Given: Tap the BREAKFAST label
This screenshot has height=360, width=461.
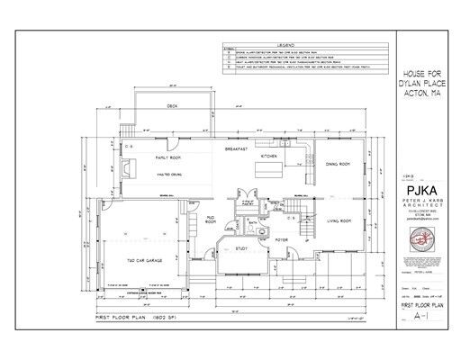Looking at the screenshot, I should point(237,148).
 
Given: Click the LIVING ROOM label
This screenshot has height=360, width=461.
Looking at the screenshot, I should point(339,220).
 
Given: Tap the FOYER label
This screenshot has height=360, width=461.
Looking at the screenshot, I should point(281,240).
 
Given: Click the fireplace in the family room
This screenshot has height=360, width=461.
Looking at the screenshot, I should point(129,168).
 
